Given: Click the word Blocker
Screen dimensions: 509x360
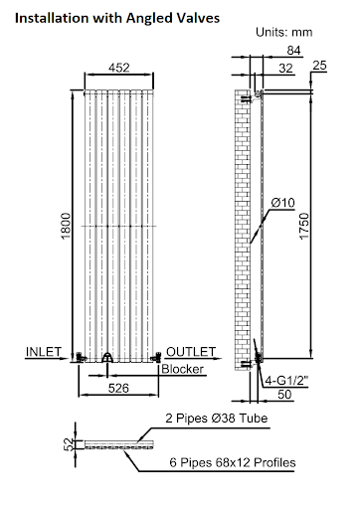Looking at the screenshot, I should tap(183, 370).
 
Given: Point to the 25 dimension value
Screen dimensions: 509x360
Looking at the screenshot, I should tap(318, 66).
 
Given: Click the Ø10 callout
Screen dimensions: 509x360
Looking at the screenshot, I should tap(283, 204).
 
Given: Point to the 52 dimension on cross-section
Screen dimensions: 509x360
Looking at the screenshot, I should tap(68, 442).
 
